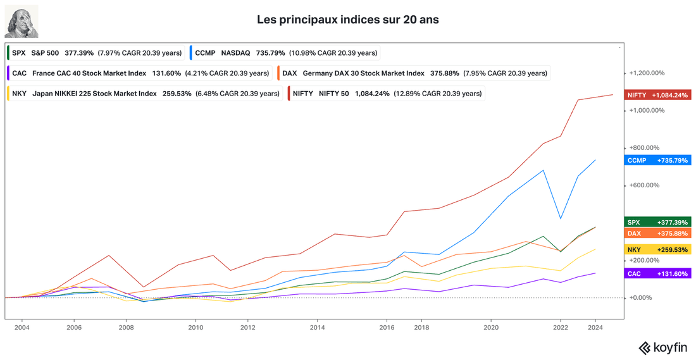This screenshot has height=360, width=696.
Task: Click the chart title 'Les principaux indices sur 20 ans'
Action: click(x=348, y=20)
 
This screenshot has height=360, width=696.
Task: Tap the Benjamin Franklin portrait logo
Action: click(x=22, y=22)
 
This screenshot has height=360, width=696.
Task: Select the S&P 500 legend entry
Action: click(x=96, y=53)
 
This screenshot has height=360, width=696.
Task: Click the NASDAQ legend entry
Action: click(x=285, y=53)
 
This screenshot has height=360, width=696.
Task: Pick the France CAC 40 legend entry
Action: click(x=139, y=73)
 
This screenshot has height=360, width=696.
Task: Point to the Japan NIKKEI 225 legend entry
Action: click(x=144, y=94)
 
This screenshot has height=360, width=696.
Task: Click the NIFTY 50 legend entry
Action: click(x=386, y=94)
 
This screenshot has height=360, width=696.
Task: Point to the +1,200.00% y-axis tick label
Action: click(x=649, y=73)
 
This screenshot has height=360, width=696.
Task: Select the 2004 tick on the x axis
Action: click(x=22, y=328)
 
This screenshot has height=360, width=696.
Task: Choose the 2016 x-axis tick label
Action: click(x=387, y=328)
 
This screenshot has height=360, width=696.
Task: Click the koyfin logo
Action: click(x=664, y=347)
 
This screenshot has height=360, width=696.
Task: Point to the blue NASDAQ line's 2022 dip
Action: click(x=560, y=218)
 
